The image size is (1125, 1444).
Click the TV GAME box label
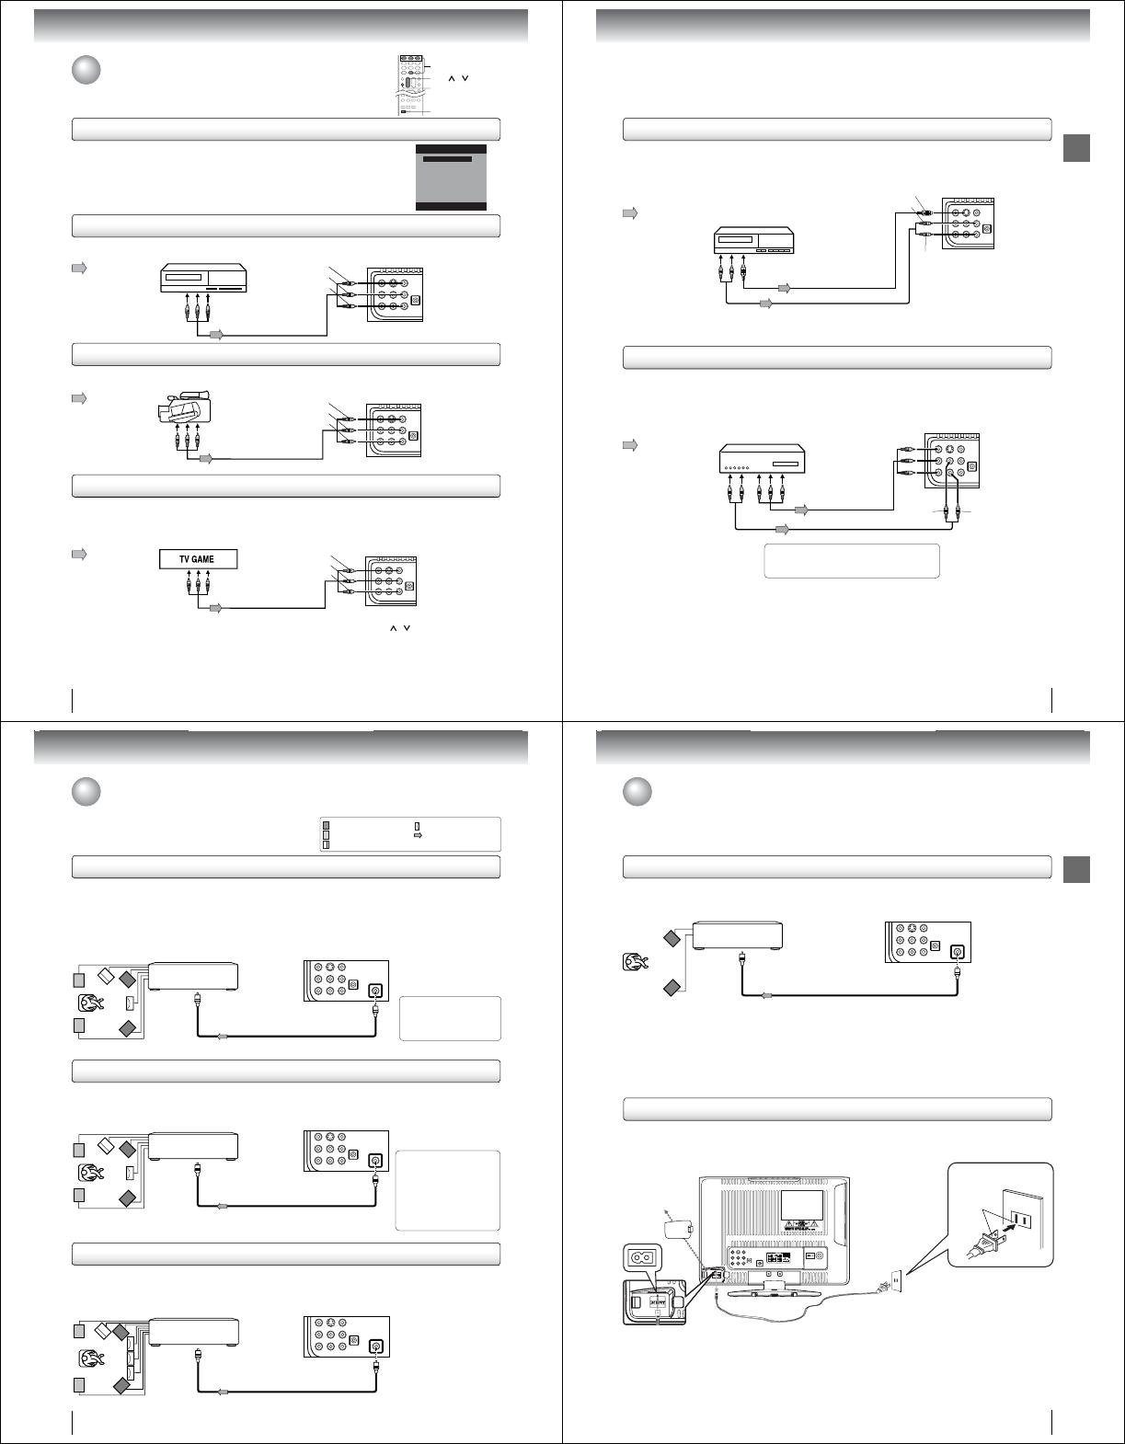click(x=198, y=559)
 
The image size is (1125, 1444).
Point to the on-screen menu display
click(x=451, y=178)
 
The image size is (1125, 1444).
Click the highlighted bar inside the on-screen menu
click(x=447, y=159)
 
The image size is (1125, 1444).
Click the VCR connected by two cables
click(x=748, y=242)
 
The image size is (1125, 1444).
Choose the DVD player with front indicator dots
click(x=761, y=459)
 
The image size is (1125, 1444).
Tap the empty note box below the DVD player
click(x=851, y=561)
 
